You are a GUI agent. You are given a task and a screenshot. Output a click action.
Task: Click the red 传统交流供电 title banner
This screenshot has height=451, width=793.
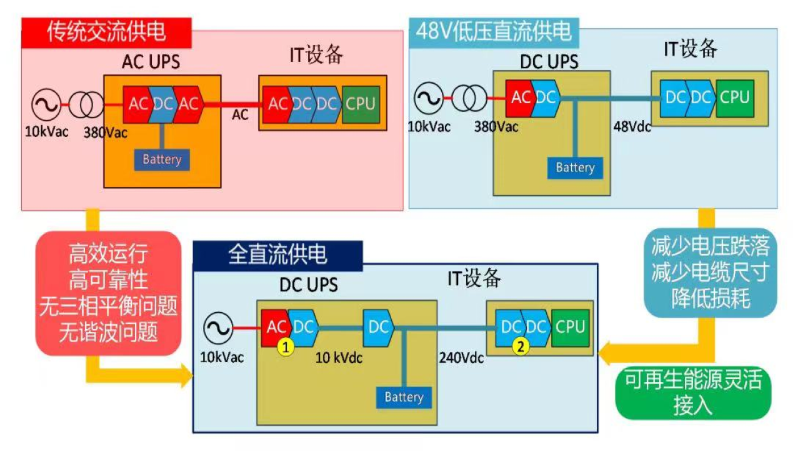107,32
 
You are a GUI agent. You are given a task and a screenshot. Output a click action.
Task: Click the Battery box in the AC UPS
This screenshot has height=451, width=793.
162,160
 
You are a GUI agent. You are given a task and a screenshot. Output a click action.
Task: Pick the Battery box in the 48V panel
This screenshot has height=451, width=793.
575,168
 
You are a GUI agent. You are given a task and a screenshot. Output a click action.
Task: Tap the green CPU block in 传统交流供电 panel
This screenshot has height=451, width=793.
361,103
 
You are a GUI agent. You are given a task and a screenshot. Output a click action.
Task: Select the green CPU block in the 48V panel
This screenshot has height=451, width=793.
734,98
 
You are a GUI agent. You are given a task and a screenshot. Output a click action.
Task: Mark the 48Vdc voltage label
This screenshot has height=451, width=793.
632,126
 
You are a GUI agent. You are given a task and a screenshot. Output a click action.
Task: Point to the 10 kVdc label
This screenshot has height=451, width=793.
339,358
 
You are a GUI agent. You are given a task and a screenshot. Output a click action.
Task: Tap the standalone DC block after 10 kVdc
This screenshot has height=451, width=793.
379,327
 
